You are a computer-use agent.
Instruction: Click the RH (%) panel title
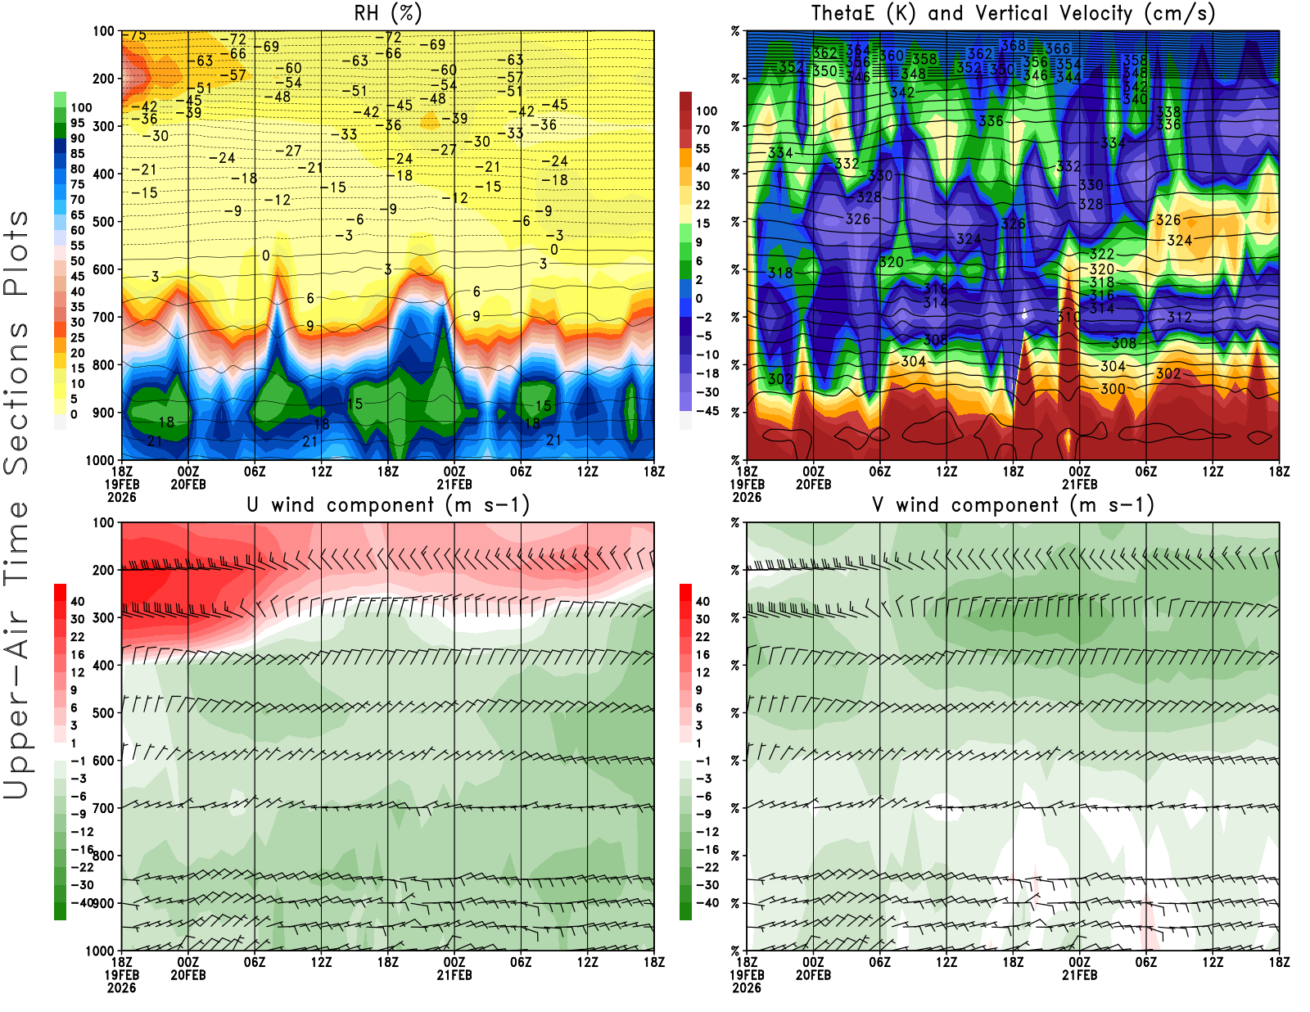(x=387, y=13)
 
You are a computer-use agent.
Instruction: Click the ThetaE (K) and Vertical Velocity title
(x=1013, y=13)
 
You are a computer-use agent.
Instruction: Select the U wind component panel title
(x=388, y=504)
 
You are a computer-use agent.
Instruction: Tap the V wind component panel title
(x=1013, y=504)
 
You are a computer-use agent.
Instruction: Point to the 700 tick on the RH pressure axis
(x=103, y=317)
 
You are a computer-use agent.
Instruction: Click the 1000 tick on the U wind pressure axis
(x=100, y=951)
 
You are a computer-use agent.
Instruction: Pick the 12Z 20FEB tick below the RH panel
(x=321, y=472)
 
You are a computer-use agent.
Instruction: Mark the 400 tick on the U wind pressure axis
(x=103, y=666)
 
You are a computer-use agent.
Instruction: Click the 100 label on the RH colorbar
(x=81, y=107)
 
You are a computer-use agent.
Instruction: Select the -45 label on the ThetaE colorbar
(x=707, y=411)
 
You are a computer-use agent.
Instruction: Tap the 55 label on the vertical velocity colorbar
(x=702, y=148)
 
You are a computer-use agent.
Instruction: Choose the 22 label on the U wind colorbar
(x=77, y=637)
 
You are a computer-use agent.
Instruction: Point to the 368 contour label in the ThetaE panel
(x=1013, y=46)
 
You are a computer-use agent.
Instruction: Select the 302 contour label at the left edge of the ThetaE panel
(x=779, y=379)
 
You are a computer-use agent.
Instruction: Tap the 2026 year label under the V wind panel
(x=747, y=987)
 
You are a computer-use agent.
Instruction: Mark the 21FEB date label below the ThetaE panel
(x=1079, y=484)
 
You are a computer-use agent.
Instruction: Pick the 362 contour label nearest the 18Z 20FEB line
(x=980, y=54)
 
